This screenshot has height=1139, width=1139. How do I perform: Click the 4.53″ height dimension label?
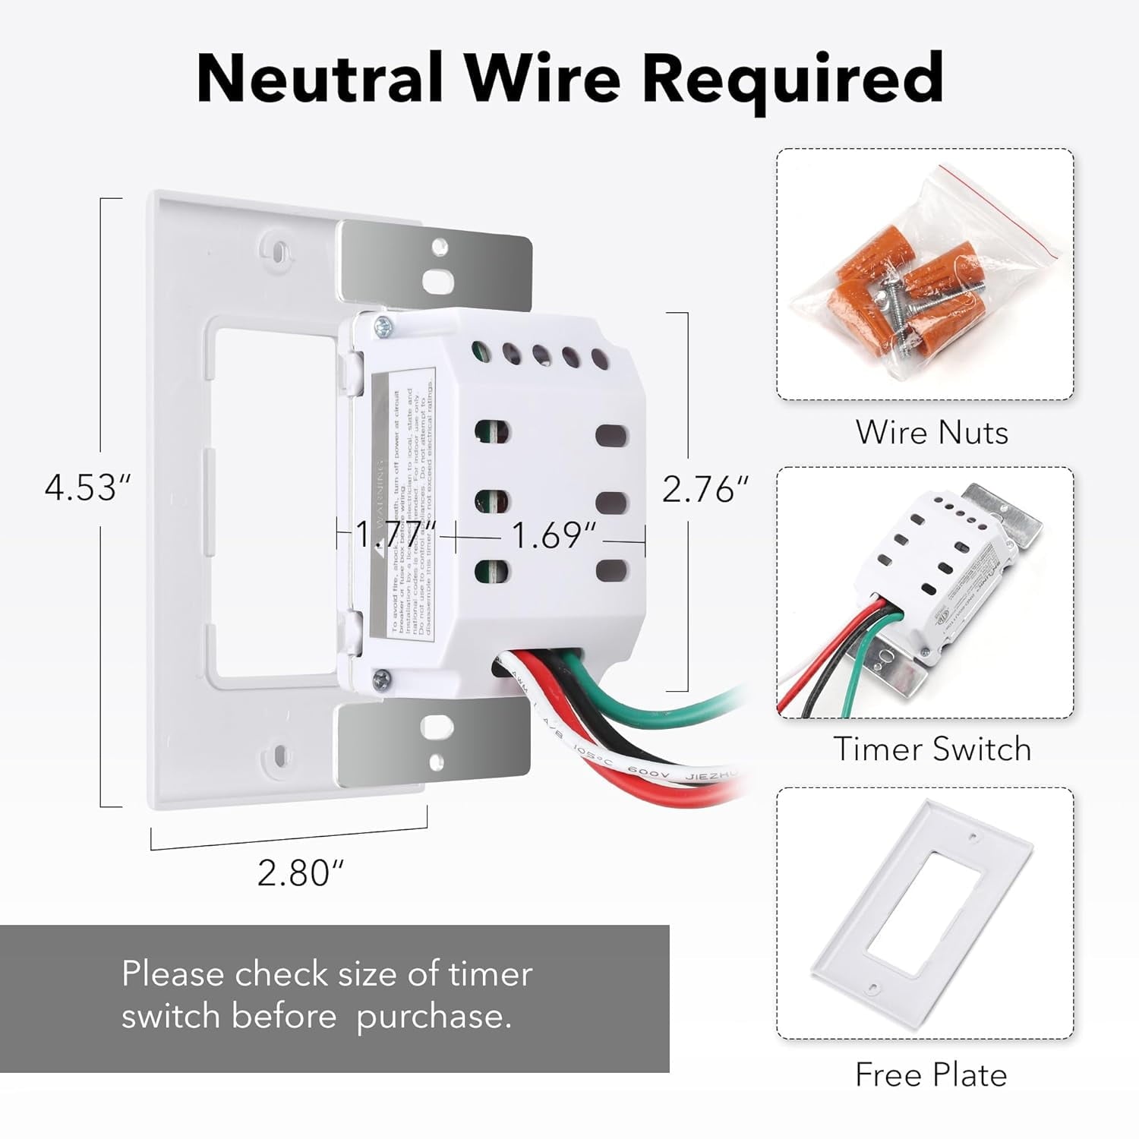(x=87, y=487)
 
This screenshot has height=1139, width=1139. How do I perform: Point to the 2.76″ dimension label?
(x=705, y=489)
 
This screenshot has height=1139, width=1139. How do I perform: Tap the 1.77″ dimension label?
(x=396, y=534)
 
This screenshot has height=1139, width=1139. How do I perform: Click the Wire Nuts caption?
(x=932, y=432)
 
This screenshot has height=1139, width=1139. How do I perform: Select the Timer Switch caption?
(x=932, y=749)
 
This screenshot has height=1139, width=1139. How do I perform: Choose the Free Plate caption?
(x=931, y=1074)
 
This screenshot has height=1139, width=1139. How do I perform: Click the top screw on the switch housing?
(x=383, y=327)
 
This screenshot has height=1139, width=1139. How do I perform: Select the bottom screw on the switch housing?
(x=383, y=678)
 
